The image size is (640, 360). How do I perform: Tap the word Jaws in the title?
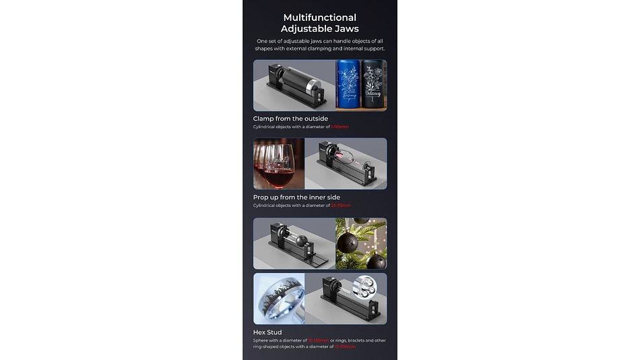pyautogui.click(x=345, y=28)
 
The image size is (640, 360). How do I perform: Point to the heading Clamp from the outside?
pyautogui.click(x=290, y=119)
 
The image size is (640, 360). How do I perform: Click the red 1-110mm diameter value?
pyautogui.click(x=340, y=127)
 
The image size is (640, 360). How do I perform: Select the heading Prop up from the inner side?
pyautogui.click(x=296, y=198)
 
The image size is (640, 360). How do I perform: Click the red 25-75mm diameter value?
pyautogui.click(x=341, y=206)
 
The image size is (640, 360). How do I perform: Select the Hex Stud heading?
pyautogui.click(x=267, y=332)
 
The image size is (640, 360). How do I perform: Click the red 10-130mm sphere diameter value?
pyautogui.click(x=319, y=340)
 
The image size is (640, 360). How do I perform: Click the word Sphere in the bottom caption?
pyautogui.click(x=261, y=340)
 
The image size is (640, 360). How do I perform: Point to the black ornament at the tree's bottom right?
pyautogui.click(x=375, y=261)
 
